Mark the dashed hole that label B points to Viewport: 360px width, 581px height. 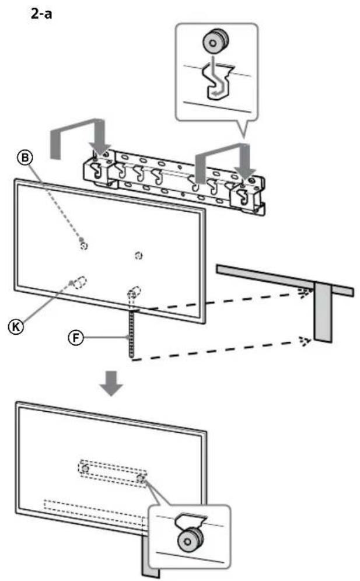tap(83, 246)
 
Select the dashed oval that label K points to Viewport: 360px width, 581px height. tap(80, 282)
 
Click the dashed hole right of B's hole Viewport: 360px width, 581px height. tap(138, 255)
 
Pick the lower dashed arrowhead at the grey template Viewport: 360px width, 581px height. tap(302, 341)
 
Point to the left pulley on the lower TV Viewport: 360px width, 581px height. tap(85, 468)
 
